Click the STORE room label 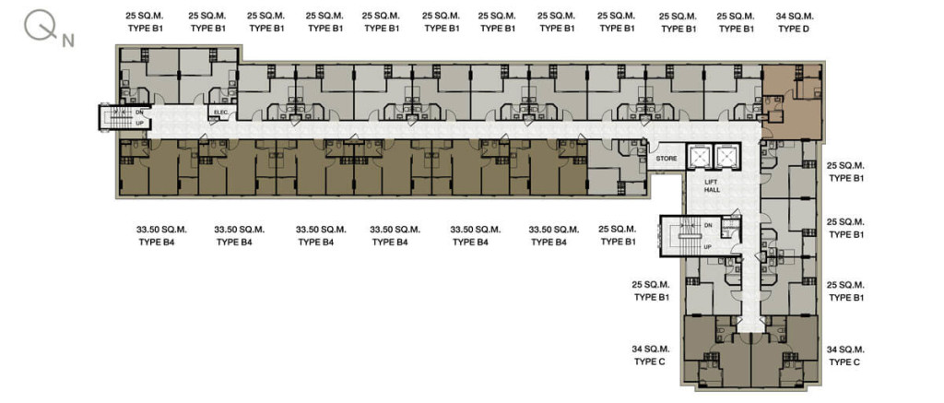667,159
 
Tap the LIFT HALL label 713,185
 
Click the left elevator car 700,157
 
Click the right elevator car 727,157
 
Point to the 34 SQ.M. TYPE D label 793,22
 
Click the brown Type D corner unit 791,102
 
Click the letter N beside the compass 67,41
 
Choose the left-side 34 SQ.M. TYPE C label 652,355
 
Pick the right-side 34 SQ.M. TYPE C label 845,355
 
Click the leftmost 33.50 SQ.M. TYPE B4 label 161,235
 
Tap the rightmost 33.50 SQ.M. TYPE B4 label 554,235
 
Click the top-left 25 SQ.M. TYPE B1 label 145,22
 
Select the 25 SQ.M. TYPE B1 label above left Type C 652,290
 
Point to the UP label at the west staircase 140,123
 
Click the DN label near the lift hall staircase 707,225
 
